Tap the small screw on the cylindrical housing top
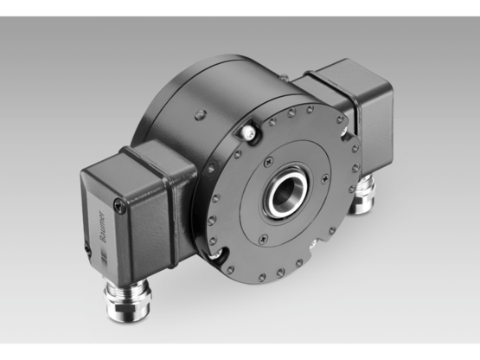tap(202, 112)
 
